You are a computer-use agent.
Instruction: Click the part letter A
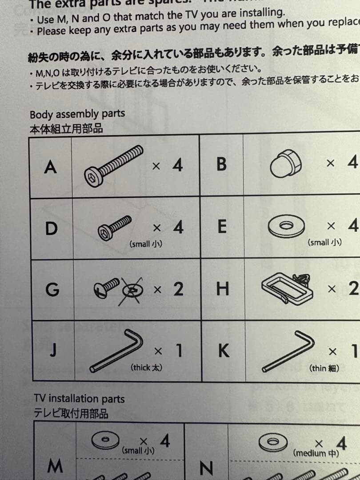[x=51, y=167]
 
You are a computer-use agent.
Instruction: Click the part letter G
[x=52, y=289]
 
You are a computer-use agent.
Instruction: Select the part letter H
[x=222, y=289]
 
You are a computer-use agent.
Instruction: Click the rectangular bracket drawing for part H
[x=284, y=287]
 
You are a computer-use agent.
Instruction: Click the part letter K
[x=224, y=352]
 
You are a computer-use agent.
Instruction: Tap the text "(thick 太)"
[x=146, y=368]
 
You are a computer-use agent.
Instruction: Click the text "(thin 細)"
[x=324, y=368]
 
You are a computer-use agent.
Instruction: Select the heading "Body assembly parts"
[x=77, y=114]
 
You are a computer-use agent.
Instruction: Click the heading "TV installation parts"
[x=79, y=398]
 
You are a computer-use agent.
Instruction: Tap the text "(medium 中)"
[x=316, y=454]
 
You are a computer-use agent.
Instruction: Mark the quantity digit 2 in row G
[x=178, y=289]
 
